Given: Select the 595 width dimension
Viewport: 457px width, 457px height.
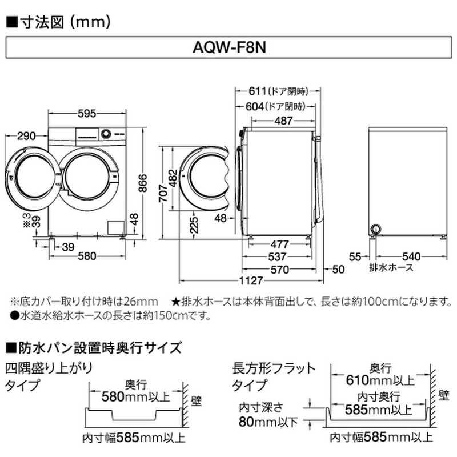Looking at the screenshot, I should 87,114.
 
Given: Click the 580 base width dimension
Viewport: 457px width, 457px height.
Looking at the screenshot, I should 86,256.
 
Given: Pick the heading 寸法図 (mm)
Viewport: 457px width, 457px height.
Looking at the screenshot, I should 57,22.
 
